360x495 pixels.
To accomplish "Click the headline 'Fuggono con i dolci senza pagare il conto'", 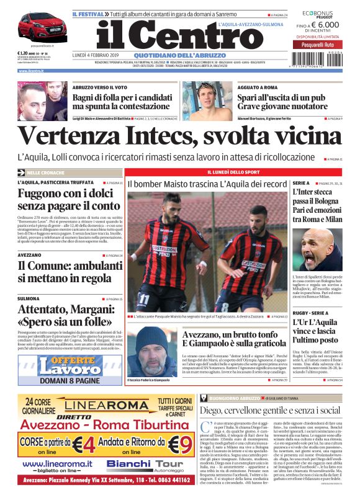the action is tap(68, 198).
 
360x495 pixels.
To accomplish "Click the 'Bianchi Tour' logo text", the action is tap(136, 463).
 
